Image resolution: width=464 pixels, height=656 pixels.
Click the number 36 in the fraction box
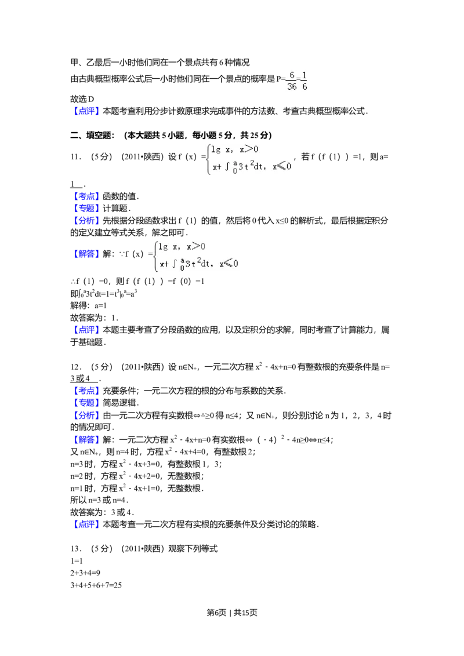pyautogui.click(x=292, y=87)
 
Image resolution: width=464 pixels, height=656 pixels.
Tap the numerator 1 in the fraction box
pyautogui.click(x=304, y=75)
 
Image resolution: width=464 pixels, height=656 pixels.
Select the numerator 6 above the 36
pyautogui.click(x=292, y=75)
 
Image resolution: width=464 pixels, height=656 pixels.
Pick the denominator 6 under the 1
pyautogui.click(x=304, y=87)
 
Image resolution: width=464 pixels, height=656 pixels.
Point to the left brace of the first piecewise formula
pyautogui.click(x=207, y=159)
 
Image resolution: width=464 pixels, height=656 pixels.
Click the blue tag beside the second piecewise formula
pyautogui.click(x=88, y=253)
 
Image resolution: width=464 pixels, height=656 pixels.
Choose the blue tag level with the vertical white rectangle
pyautogui.click(x=88, y=196)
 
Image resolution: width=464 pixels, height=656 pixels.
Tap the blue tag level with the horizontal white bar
pyautogui.click(x=88, y=391)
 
